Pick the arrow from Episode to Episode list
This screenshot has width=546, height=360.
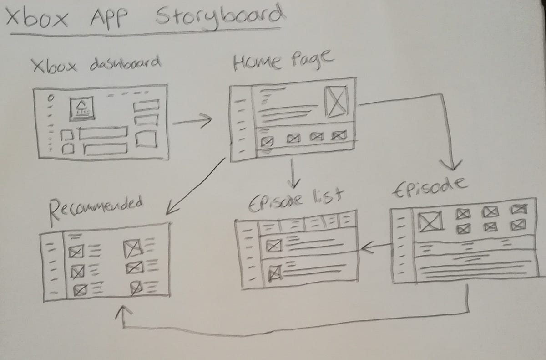coord(376,247)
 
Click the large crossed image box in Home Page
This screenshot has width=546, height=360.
coord(336,101)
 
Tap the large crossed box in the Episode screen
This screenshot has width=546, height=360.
coord(428,221)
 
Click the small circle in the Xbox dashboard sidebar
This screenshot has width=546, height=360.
coord(51,98)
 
